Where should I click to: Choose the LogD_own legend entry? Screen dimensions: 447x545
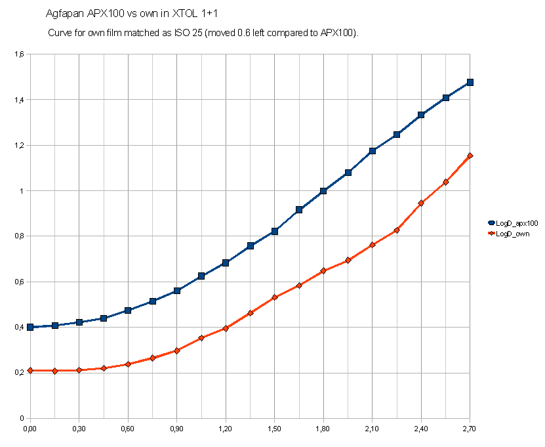point(512,233)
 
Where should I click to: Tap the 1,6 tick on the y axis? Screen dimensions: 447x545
point(19,54)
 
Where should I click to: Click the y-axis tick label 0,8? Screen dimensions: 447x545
point(19,236)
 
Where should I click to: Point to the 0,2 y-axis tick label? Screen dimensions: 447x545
point(19,373)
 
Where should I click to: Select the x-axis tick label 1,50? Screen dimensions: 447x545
point(274,429)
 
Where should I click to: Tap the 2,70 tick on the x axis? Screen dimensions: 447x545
point(470,429)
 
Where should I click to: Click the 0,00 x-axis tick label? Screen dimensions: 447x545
point(30,429)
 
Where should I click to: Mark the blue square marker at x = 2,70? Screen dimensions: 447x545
point(470,83)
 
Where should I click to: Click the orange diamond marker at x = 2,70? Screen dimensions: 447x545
point(470,156)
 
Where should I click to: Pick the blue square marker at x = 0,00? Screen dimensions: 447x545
point(30,327)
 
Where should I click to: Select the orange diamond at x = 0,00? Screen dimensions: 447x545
point(30,371)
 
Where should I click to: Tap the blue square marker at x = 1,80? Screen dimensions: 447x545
point(323,191)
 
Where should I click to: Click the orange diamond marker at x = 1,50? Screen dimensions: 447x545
point(275,297)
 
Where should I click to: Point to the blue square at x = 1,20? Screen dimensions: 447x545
point(226,263)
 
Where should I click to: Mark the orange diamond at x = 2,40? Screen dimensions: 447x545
point(421,203)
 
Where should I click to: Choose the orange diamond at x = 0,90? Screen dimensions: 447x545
point(177,351)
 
